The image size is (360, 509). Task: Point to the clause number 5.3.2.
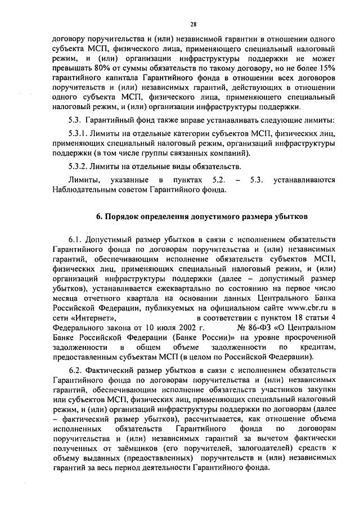coord(83,166)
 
